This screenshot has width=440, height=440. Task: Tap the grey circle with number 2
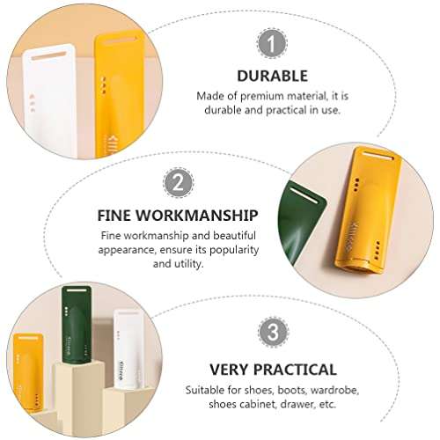pos(179,183)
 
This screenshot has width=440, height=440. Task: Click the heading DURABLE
pos(273,76)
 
